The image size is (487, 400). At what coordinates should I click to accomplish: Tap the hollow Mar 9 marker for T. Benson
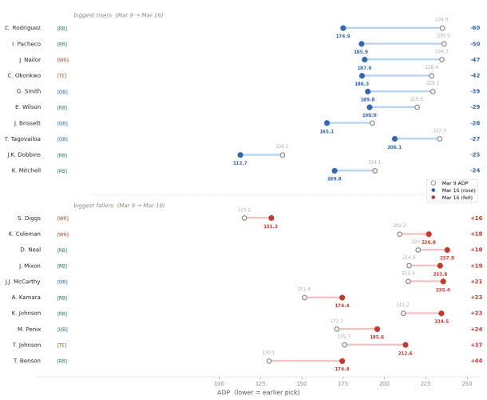[269, 361]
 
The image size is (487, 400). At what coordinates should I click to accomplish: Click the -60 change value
[475, 28]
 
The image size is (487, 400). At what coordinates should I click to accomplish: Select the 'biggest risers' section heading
[141, 15]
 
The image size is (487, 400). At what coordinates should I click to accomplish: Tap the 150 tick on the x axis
[302, 383]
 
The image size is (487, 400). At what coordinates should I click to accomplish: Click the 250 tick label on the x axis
[467, 383]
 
